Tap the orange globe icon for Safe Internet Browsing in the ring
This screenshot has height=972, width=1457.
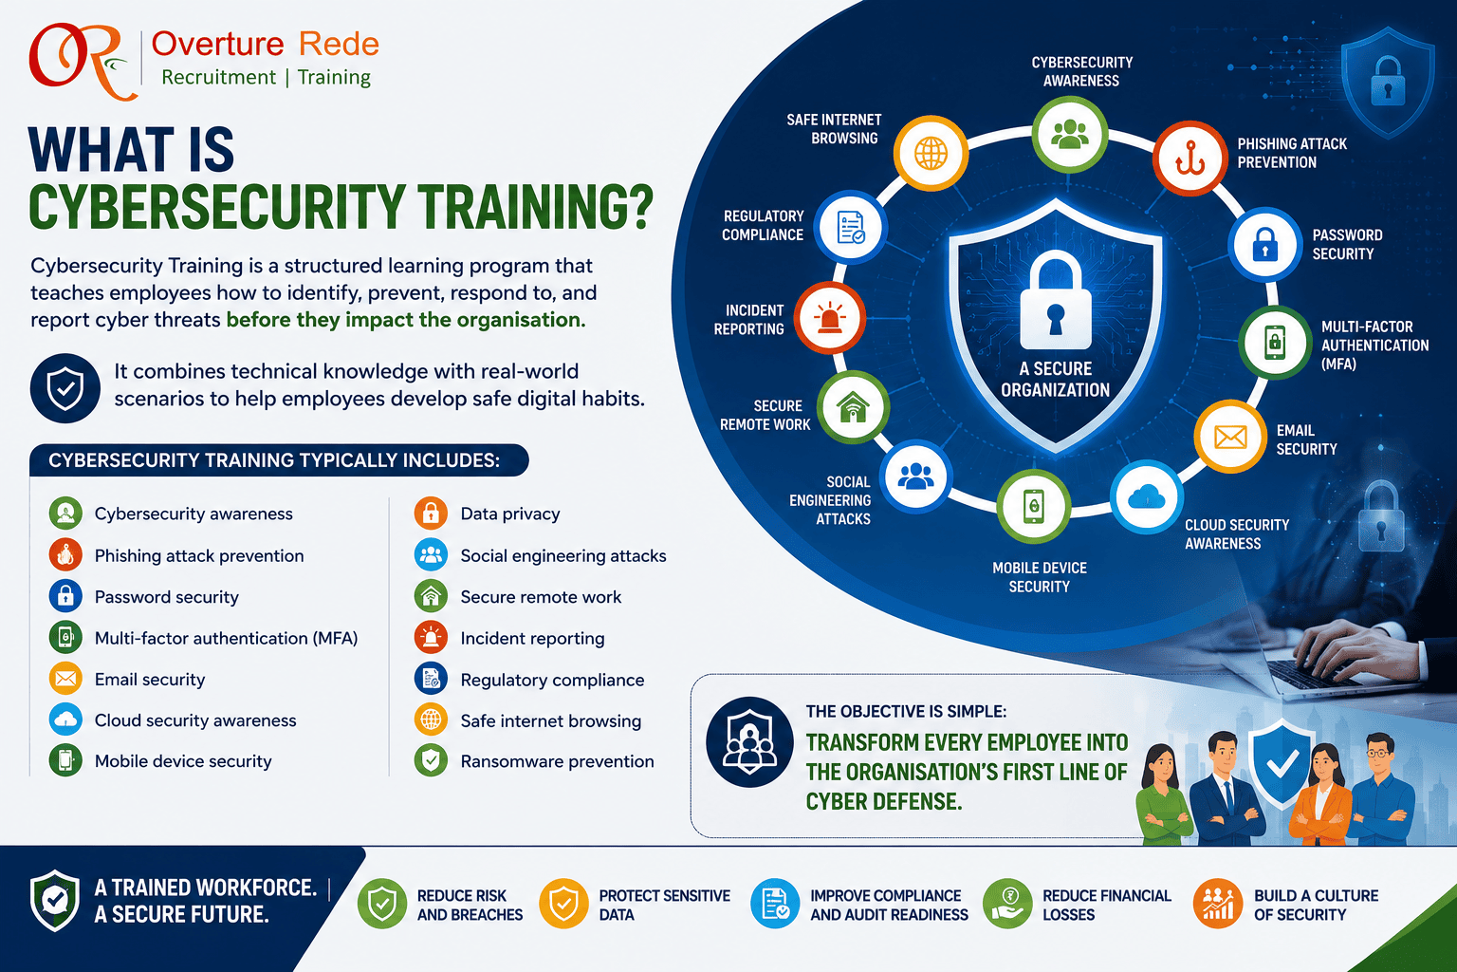(931, 154)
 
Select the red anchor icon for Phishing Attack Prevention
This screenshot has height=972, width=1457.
(1190, 159)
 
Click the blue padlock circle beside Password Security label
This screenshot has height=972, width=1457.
(1265, 244)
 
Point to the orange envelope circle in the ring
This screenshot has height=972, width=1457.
(1230, 437)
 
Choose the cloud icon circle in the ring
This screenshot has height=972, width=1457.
(1147, 497)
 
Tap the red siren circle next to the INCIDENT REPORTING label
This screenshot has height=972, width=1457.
(829, 318)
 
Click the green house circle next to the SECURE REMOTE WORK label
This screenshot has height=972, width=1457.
(853, 407)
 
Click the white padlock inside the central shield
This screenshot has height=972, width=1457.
(1056, 301)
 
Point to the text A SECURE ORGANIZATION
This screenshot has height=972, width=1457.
(1055, 379)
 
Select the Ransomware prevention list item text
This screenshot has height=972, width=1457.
(558, 761)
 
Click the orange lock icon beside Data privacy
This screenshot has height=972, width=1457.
(431, 513)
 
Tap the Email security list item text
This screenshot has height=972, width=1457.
(150, 679)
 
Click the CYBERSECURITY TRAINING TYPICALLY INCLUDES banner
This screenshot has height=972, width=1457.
(279, 460)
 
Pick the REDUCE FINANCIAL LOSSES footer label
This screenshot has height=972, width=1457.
(1106, 905)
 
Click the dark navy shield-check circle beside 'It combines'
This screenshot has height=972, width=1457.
(65, 388)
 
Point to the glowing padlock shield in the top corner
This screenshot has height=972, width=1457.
(1388, 82)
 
